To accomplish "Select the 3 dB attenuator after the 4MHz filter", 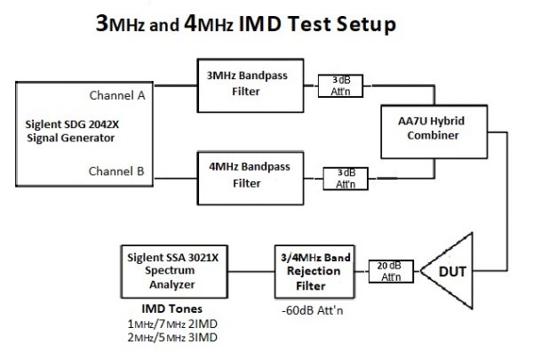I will [x=343, y=175].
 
